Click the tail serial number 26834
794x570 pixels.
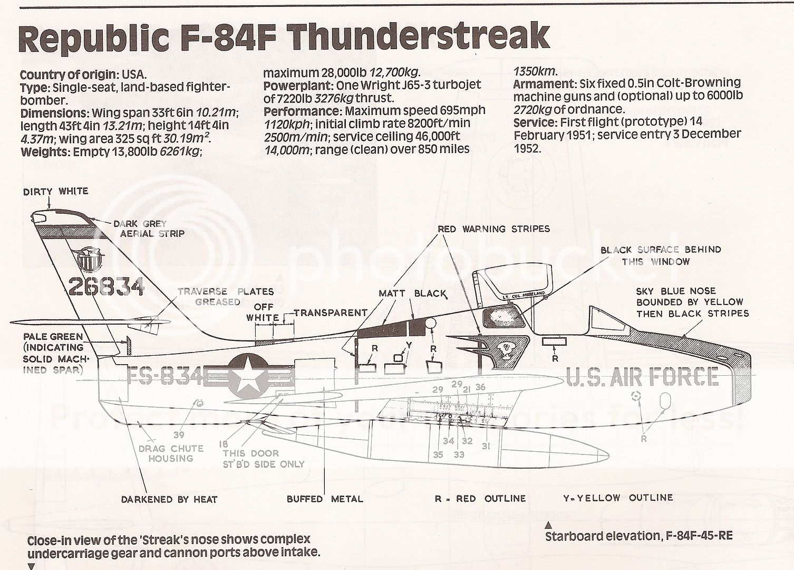pyautogui.click(x=106, y=287)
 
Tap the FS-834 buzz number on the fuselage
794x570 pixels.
pyautogui.click(x=164, y=377)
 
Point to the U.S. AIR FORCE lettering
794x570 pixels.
pyautogui.click(x=642, y=377)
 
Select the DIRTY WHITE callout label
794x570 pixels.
pyautogui.click(x=55, y=192)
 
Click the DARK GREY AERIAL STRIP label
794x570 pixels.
pyautogui.click(x=149, y=229)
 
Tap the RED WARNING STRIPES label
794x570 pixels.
pyautogui.click(x=493, y=229)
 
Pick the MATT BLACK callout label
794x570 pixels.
pyautogui.click(x=412, y=293)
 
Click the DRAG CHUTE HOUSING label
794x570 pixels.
pyautogui.click(x=170, y=453)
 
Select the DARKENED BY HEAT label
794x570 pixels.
pyautogui.click(x=169, y=499)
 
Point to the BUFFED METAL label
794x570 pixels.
pyautogui.click(x=325, y=499)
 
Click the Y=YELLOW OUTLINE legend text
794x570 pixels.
pyautogui.click(x=618, y=498)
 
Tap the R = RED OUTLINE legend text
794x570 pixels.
pyautogui.click(x=480, y=499)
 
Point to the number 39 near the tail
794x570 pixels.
pyautogui.click(x=179, y=435)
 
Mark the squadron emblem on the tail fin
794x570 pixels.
pyautogui.click(x=90, y=259)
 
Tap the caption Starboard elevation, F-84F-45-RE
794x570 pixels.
pyautogui.click(x=638, y=536)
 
